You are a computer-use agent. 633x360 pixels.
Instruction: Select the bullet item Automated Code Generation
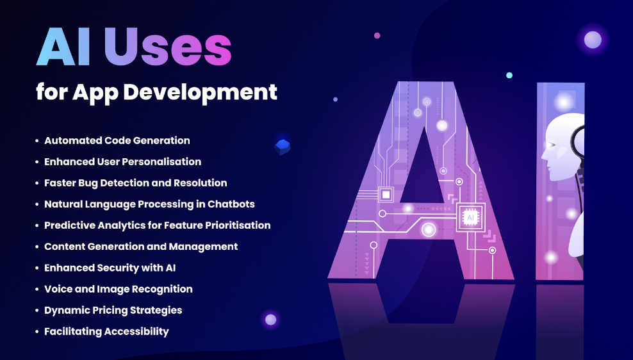[117, 140]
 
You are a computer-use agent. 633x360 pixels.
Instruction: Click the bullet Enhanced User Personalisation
[122, 161]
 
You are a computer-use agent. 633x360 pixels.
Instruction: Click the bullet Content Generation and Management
[141, 246]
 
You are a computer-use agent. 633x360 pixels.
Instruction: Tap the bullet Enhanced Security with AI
[110, 267]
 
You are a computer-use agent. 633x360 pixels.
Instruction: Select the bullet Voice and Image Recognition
[118, 289]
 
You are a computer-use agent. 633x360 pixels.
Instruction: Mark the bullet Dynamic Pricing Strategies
[113, 310]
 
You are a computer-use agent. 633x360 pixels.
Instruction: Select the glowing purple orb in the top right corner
[593, 40]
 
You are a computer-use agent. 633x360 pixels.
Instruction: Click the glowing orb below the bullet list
[270, 319]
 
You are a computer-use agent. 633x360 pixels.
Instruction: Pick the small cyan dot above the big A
[509, 75]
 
